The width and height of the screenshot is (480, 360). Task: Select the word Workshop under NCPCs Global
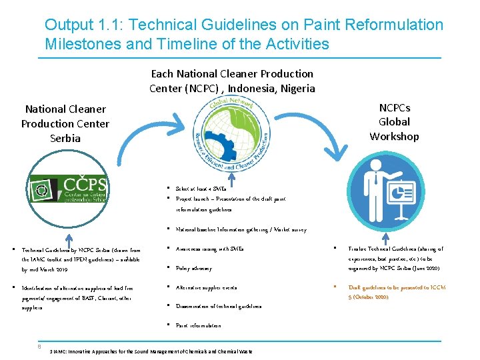pos(394,137)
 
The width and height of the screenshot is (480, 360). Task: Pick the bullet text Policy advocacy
pos(194,269)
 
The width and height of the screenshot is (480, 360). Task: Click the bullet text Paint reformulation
pos(199,325)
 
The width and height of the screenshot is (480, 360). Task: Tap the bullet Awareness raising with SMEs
pos(210,249)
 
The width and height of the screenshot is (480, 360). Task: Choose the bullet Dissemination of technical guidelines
pos(219,307)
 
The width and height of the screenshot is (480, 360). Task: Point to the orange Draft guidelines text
pos(397,292)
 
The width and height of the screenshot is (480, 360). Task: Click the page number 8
pos(39,345)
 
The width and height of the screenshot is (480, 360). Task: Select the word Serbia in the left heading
pos(65,139)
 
